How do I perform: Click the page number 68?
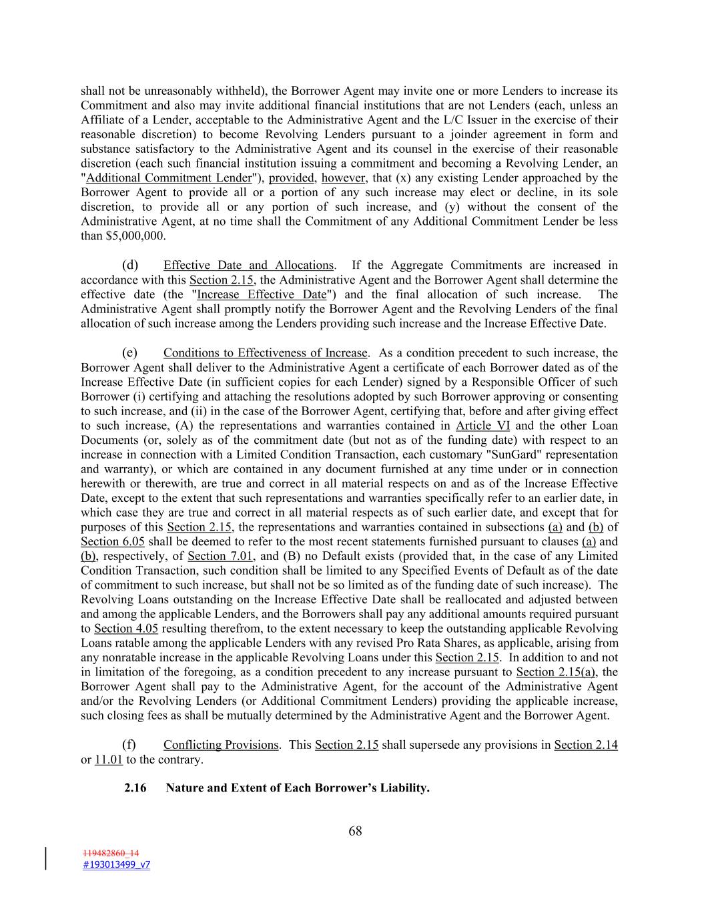(355, 831)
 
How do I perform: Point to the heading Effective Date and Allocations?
(248, 265)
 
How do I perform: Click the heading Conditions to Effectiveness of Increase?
(265, 352)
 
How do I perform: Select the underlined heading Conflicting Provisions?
(221, 745)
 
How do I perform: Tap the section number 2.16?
(135, 788)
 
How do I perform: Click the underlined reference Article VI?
(482, 426)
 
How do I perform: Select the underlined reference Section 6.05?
(112, 542)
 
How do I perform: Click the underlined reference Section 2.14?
(585, 745)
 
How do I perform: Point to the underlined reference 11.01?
(109, 760)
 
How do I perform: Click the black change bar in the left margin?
(46, 858)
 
